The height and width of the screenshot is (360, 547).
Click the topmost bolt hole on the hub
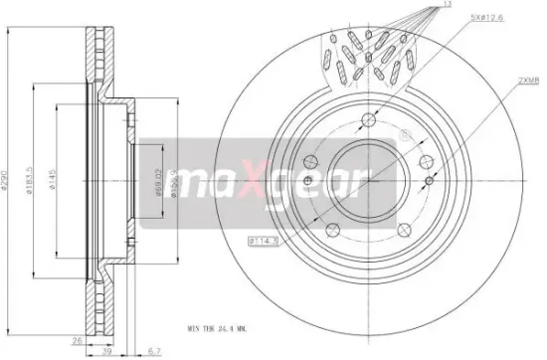click(367, 120)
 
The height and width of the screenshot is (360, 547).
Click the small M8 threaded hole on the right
click(428, 180)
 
